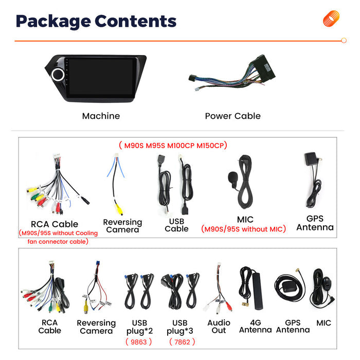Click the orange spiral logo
pos(331,19)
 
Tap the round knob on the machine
pos(58,75)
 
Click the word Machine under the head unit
pos(101,116)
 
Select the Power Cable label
pos(233,116)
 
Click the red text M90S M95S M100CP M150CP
pos(173,146)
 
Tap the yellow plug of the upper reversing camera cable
pos(119,209)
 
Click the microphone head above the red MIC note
pos(232,177)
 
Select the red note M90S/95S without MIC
pos(243,229)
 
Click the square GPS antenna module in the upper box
pos(311,158)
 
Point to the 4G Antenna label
pos(255,326)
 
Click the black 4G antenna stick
pos(257,291)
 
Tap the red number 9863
pos(139,342)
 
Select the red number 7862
pos(182,342)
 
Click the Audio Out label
pos(219,327)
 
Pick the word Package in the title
pos(53,22)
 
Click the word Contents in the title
pos(135,21)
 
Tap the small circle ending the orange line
pos(344,41)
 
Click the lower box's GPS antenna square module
pos(290,287)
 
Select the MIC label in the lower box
pos(323,323)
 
